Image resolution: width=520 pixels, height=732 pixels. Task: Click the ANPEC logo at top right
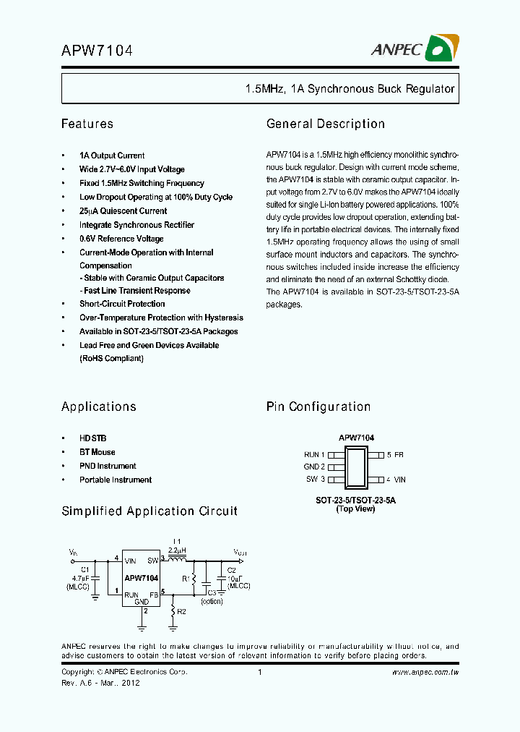pos(423,48)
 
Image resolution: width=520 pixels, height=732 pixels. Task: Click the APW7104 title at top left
pos(97,51)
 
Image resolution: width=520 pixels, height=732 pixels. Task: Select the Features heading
pos(87,124)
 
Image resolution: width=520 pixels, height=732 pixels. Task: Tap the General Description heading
pos(326,124)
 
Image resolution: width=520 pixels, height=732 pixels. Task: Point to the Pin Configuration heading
pos(318,407)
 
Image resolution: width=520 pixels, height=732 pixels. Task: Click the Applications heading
pos(99,407)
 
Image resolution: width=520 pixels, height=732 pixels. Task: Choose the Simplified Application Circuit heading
pos(149,511)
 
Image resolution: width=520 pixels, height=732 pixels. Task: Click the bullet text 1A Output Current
pos(112,156)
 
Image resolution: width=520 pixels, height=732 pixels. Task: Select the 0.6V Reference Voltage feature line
pos(121,239)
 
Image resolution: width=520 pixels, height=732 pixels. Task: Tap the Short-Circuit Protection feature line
pos(122,304)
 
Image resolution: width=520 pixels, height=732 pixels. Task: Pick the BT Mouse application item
pos(97,452)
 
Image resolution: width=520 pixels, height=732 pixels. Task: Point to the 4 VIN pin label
pos(396,480)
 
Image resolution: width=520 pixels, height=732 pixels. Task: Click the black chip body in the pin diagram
pos(356,467)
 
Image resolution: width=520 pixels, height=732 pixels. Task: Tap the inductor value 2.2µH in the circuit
pos(177,550)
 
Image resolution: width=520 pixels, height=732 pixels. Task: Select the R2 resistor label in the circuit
pos(182,611)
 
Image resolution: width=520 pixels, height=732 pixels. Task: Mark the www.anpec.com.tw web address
pos(425,673)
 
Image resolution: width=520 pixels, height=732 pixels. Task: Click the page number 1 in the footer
pos(259,673)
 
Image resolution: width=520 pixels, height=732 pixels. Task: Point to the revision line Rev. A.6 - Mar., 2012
pos(100,683)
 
